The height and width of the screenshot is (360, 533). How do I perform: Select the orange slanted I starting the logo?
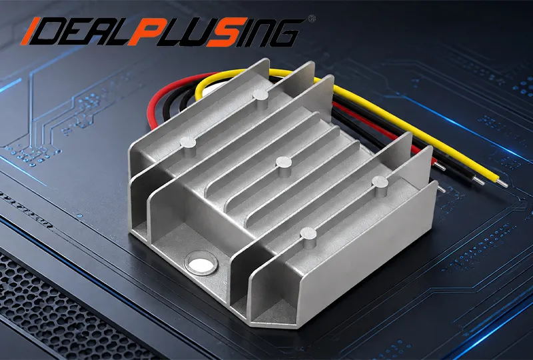tap(28, 31)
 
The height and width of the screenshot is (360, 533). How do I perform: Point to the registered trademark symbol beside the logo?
tap(311, 19)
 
